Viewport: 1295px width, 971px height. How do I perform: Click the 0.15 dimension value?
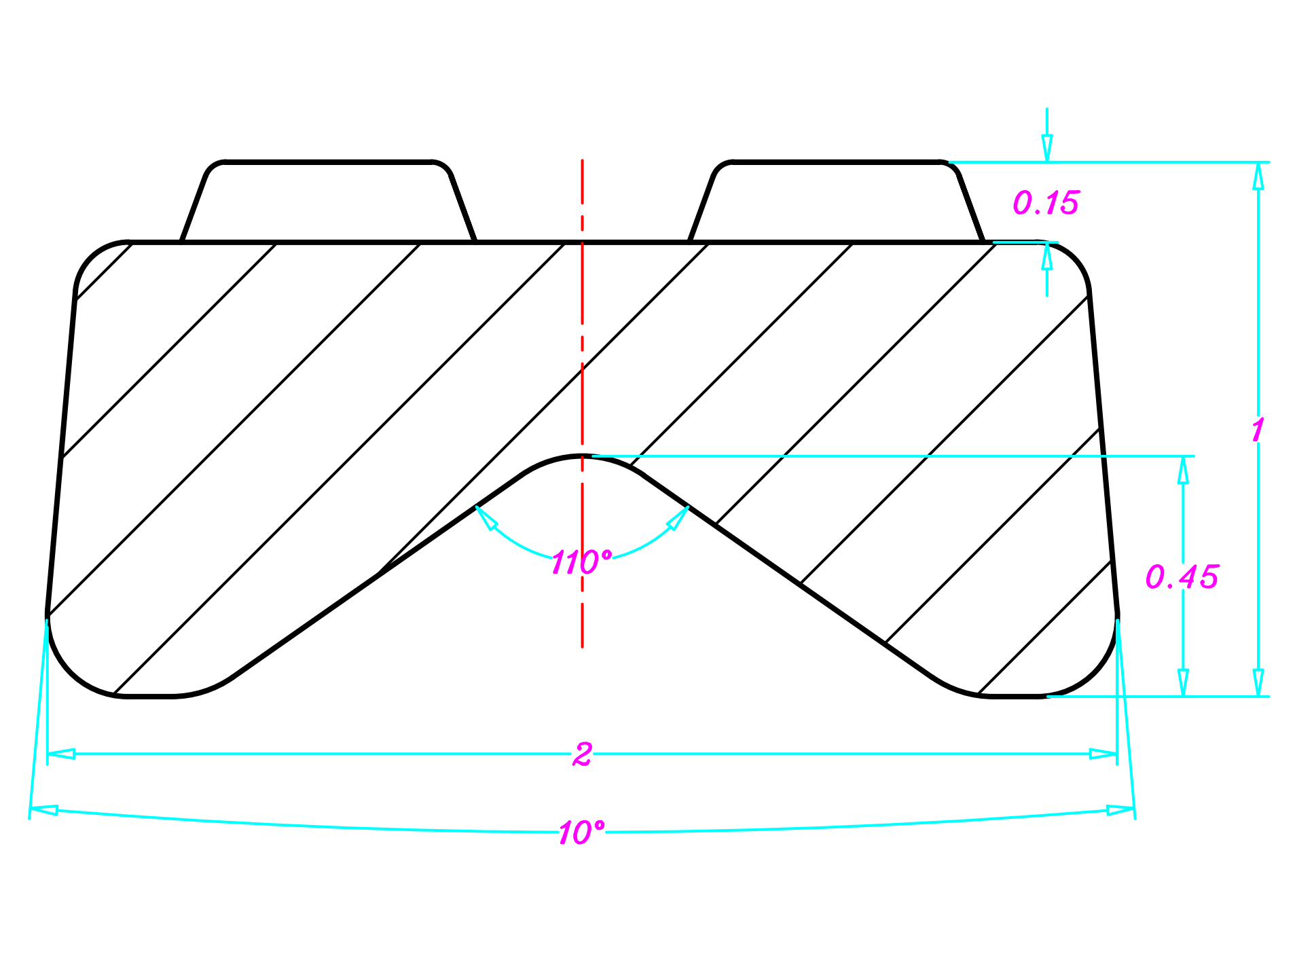[1045, 203]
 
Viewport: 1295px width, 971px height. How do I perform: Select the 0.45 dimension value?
[1182, 577]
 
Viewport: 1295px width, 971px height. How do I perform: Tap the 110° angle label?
[581, 563]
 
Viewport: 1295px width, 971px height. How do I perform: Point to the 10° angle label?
[581, 832]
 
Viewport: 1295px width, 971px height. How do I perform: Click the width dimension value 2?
[582, 754]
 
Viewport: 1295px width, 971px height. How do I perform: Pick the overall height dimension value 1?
[1258, 430]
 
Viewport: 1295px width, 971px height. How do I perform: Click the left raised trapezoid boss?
[329, 202]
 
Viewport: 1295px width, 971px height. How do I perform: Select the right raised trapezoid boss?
[837, 202]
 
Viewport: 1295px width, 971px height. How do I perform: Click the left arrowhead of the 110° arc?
[485, 517]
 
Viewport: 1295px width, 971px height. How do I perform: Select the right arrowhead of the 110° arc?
[678, 517]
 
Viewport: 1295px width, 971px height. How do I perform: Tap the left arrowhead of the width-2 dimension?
[61, 754]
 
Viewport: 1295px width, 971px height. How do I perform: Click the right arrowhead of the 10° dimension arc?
[1120, 810]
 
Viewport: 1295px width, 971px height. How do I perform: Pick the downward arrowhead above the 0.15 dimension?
[1047, 148]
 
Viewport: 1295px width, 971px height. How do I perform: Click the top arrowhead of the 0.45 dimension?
[1183, 470]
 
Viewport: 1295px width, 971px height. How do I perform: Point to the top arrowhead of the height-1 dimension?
[1258, 176]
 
